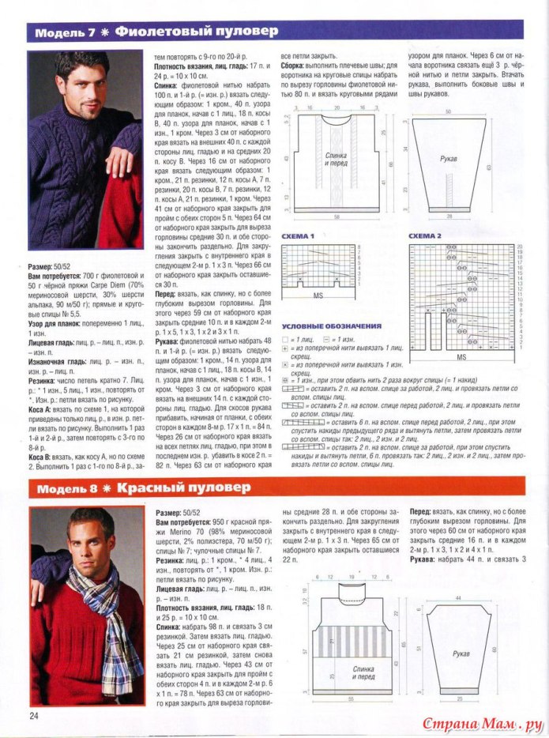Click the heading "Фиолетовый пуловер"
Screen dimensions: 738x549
[197, 32]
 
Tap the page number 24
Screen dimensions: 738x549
[34, 715]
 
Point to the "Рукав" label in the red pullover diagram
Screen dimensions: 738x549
[461, 654]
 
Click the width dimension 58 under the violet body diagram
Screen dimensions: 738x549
[337, 216]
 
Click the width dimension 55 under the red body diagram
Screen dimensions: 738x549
[348, 701]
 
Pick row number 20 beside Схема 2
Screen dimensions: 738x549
[521, 247]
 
